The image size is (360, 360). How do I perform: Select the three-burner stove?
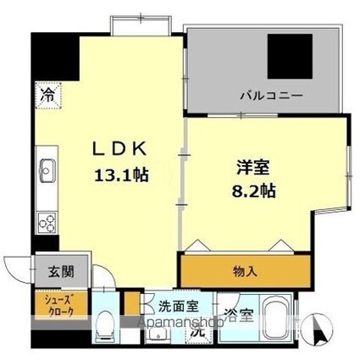45,222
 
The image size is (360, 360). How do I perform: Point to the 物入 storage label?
245,272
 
